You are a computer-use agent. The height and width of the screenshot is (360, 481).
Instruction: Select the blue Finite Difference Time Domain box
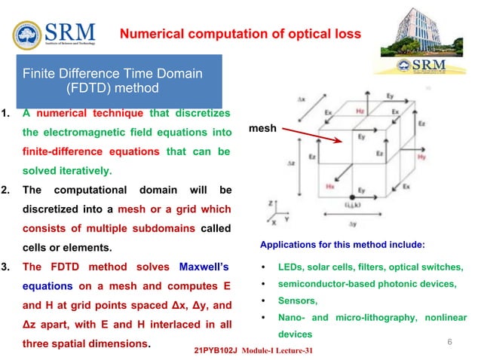tap(112, 81)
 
